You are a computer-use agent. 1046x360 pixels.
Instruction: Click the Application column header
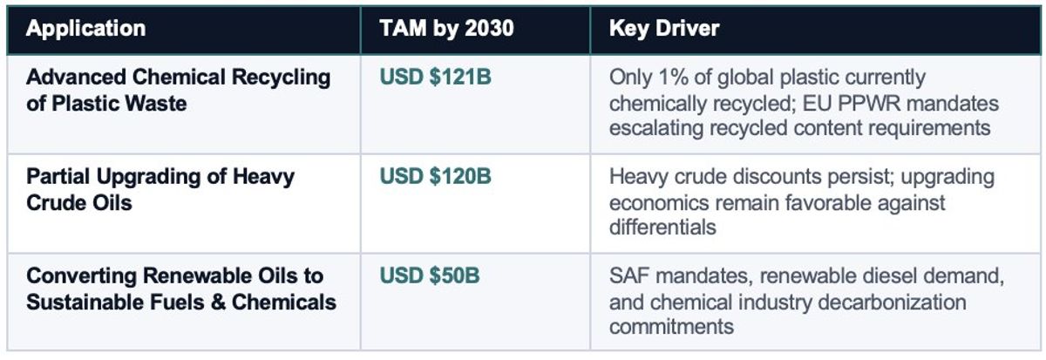(85, 28)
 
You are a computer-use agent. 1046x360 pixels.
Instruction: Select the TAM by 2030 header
(446, 28)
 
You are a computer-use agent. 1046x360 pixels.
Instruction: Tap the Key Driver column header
(664, 28)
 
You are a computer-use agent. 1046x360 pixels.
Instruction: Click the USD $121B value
(435, 78)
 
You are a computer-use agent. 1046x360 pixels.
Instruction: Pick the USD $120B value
(435, 177)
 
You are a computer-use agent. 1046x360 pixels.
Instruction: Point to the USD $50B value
(429, 276)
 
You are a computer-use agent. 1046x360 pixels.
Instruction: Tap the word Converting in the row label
(76, 276)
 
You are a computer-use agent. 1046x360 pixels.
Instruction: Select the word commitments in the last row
(671, 327)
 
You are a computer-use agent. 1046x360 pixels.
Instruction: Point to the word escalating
(656, 128)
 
